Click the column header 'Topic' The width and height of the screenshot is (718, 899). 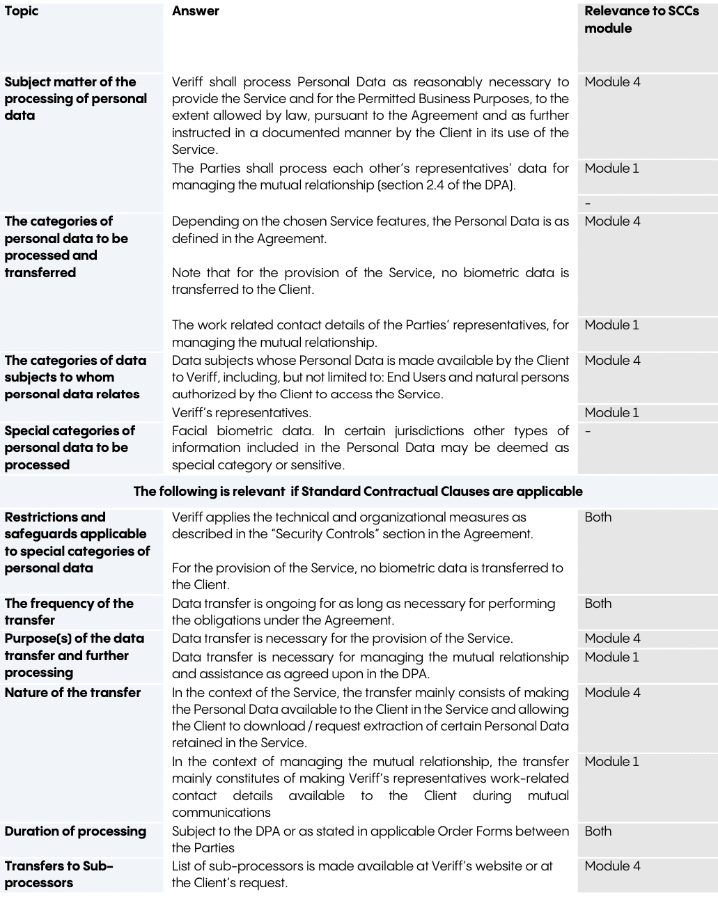(22, 11)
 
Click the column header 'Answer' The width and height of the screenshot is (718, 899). (196, 11)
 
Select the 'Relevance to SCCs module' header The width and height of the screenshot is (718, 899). (641, 19)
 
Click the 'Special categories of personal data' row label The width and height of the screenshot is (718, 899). (70, 447)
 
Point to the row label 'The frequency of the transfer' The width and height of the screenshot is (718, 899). (69, 611)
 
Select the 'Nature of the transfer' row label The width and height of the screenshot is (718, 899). (72, 692)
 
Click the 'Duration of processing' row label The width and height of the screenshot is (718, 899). (75, 831)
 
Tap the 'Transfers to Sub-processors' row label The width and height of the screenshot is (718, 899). (58, 874)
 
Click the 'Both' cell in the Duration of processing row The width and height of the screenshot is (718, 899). (598, 831)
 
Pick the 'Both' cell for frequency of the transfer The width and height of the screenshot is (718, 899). (598, 603)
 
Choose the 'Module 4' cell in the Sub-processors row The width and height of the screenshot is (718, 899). (612, 866)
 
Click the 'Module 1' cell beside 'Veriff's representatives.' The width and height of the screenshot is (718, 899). (611, 412)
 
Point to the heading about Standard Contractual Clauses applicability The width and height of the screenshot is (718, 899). (358, 491)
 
